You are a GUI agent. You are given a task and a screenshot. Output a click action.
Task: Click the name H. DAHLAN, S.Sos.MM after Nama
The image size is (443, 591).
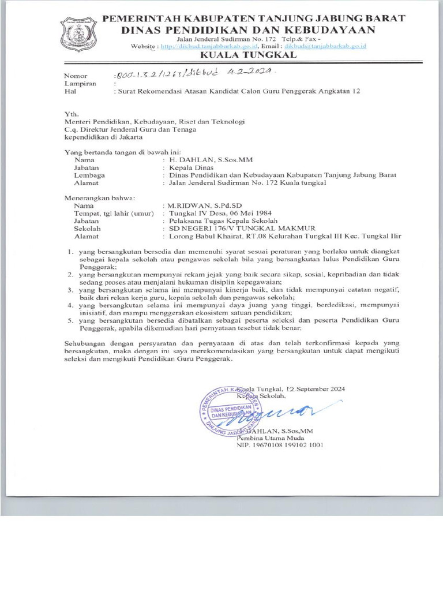pos(210,159)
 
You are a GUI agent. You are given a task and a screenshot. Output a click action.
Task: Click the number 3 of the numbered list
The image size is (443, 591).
pos(69,289)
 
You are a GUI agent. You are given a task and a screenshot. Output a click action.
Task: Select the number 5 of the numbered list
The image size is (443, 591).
pos(69,319)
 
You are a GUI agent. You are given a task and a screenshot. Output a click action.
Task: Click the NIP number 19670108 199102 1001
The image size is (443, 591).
pos(279,446)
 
